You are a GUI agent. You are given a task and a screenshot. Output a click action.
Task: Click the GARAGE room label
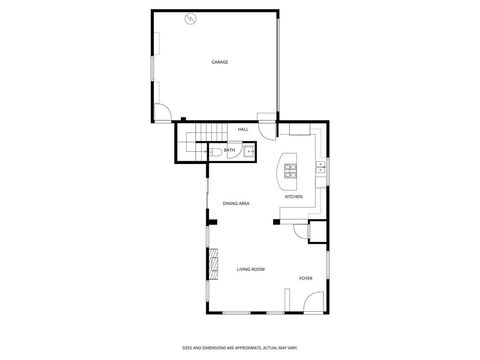point(219,62)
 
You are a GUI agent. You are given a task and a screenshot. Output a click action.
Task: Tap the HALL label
point(243,130)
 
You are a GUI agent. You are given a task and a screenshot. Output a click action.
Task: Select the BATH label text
point(229,151)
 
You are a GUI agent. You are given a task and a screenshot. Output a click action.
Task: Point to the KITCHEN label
point(294,197)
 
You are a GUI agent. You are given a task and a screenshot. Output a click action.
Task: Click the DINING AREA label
point(236,203)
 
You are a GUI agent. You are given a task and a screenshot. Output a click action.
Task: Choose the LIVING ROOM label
point(250,270)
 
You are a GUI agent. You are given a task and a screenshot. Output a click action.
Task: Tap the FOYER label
point(305,278)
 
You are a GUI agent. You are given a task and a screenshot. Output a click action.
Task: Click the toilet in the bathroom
point(214,151)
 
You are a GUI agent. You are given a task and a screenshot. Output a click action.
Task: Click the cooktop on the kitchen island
point(291,170)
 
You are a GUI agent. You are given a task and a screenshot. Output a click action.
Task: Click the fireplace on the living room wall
point(211,266)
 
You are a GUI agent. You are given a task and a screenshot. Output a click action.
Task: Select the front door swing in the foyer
point(312,300)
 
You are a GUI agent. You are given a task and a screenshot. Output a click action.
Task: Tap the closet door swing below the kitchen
point(301,233)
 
